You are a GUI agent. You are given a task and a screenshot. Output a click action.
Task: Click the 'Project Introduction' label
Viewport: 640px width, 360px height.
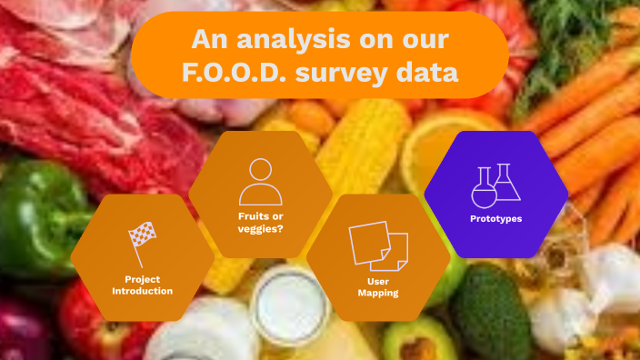pyautogui.click(x=142, y=285)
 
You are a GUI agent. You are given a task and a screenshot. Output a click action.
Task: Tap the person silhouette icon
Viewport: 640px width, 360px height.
pyautogui.click(x=260, y=182)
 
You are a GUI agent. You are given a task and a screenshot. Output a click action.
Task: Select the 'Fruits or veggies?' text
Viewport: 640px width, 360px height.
pyautogui.click(x=260, y=222)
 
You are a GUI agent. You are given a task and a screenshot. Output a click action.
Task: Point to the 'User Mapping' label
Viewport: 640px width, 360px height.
pyautogui.click(x=378, y=287)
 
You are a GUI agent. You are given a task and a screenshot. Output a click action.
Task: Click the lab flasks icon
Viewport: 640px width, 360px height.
pyautogui.click(x=495, y=185)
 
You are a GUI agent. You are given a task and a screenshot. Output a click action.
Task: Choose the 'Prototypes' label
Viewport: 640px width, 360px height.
pyautogui.click(x=495, y=218)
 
